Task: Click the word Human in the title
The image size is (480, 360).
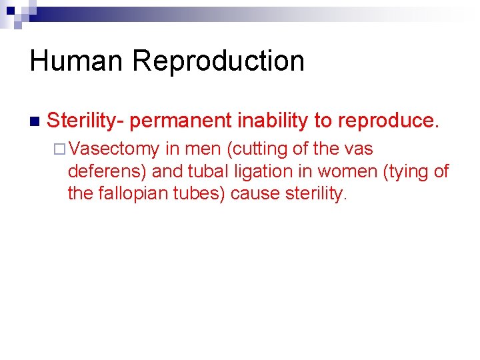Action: point(77,61)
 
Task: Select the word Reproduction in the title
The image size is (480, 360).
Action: point(218,61)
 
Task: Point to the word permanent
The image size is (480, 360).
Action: point(183,121)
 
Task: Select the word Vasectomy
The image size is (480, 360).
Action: point(113,149)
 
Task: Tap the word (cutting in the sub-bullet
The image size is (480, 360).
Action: point(257,149)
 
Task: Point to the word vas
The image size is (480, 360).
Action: point(357,149)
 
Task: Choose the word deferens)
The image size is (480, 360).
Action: point(107,171)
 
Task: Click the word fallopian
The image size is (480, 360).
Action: point(125,194)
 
